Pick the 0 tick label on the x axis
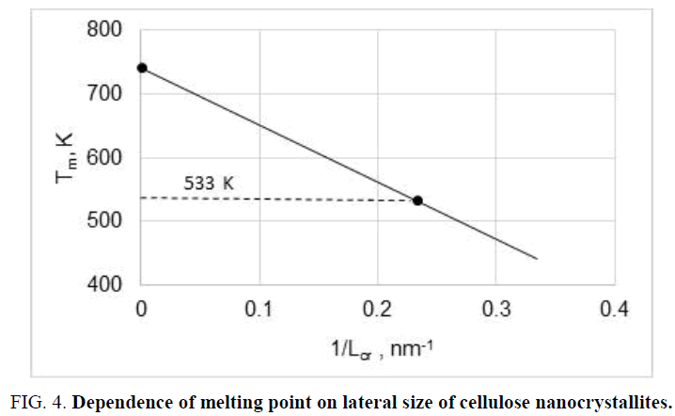click(x=141, y=307)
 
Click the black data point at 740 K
click(x=142, y=68)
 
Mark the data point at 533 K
click(x=417, y=200)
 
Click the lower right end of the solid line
click(x=536, y=258)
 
